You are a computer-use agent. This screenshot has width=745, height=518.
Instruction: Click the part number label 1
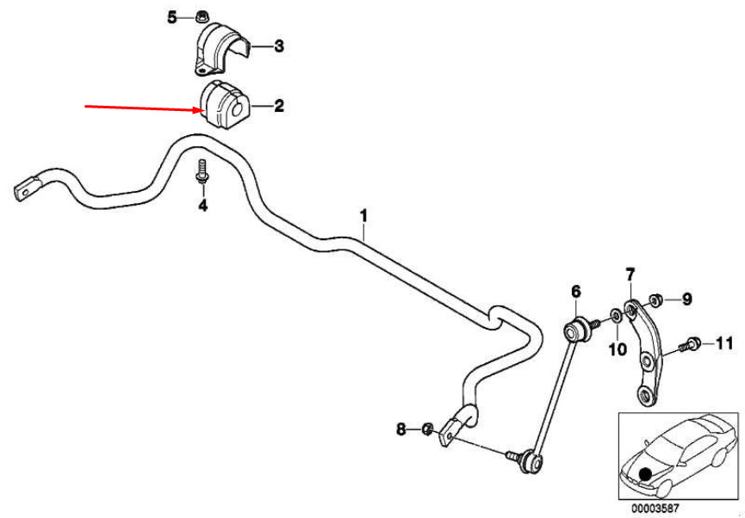click(363, 217)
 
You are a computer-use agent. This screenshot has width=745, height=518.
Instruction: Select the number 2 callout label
click(278, 106)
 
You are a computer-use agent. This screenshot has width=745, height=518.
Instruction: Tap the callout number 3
click(279, 46)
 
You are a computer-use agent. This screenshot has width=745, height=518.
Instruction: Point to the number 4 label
click(203, 206)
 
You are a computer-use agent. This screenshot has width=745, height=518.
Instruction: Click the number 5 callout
click(171, 17)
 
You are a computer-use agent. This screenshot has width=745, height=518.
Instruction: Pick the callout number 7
click(630, 274)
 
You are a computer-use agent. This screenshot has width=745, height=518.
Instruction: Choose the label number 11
click(724, 342)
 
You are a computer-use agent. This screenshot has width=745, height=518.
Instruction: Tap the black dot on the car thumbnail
click(645, 474)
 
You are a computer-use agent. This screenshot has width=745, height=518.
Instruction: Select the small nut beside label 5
click(200, 15)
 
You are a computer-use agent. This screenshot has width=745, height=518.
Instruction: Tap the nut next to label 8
click(426, 429)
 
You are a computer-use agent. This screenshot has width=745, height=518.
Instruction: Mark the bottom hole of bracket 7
click(646, 393)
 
